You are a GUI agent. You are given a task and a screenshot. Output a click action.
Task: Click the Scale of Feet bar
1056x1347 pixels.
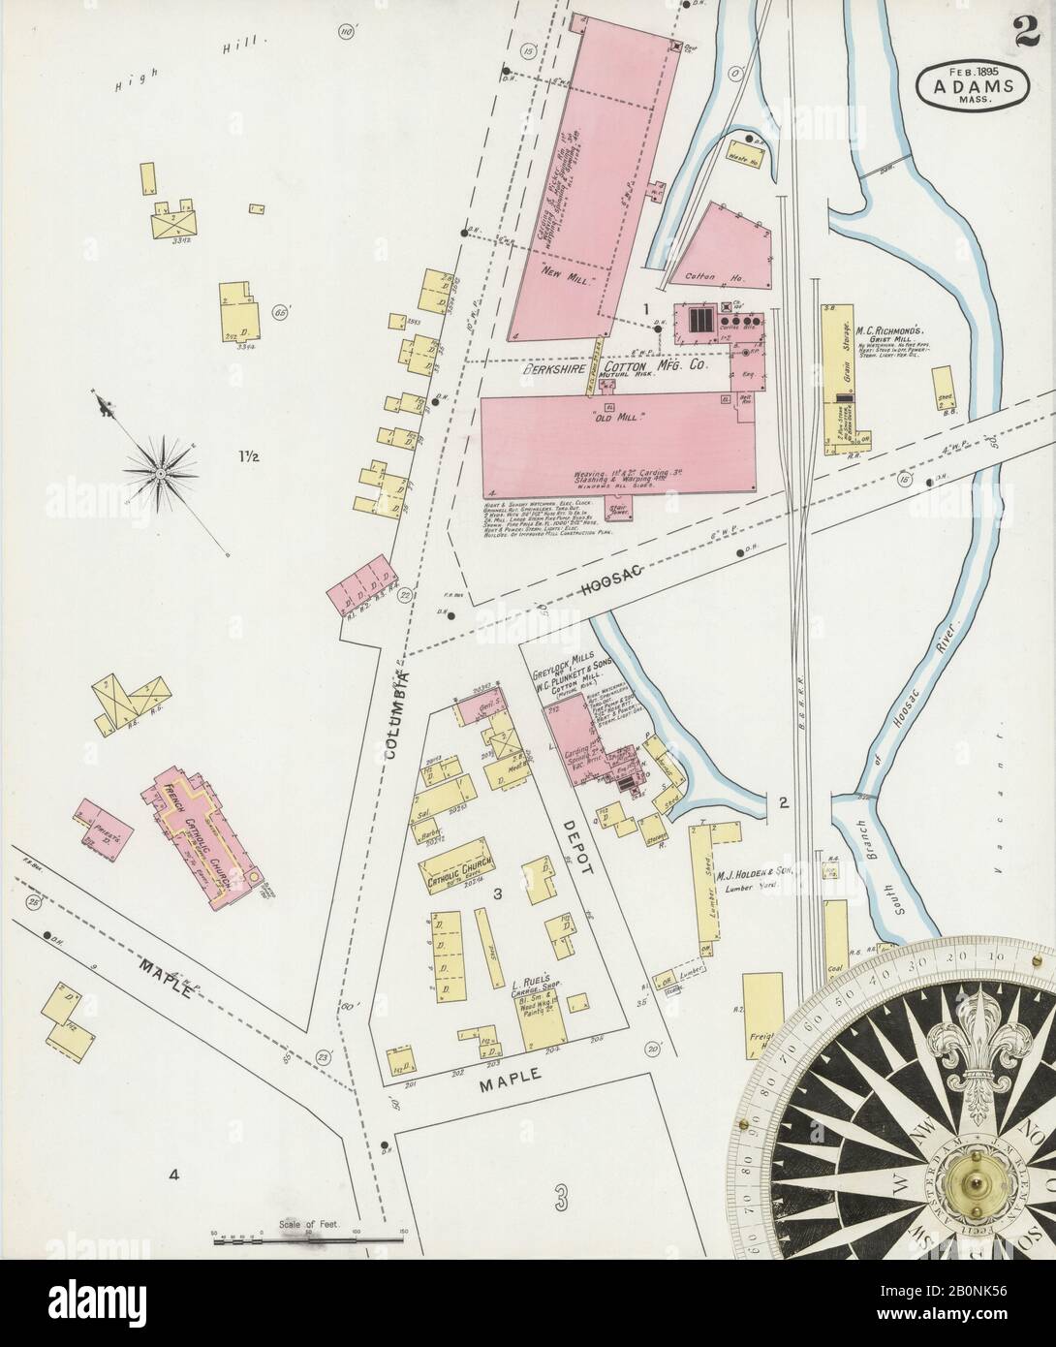[x=307, y=1238]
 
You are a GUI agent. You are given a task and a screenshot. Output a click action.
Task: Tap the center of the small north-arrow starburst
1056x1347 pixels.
[x=157, y=471]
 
